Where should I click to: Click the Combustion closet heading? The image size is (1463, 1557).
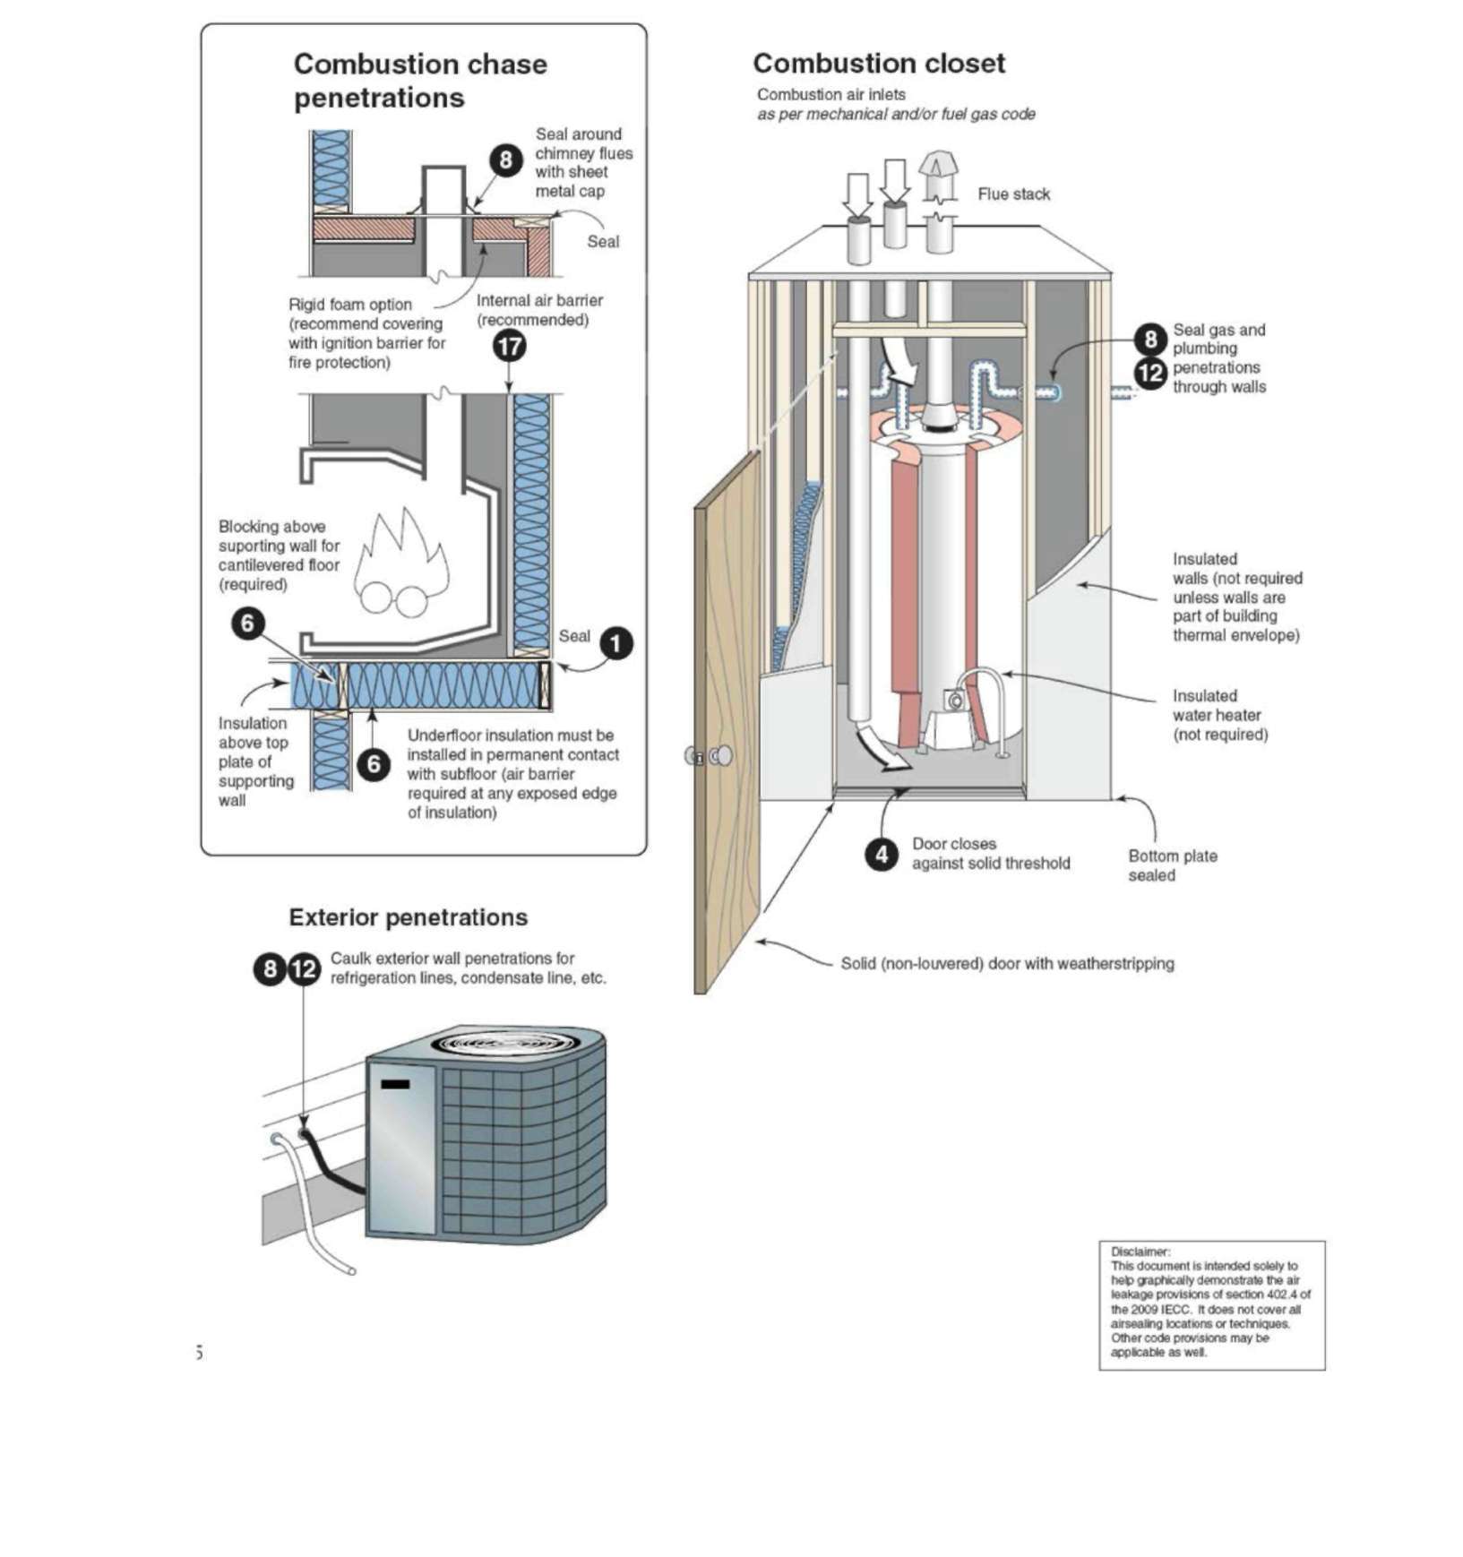tap(878, 64)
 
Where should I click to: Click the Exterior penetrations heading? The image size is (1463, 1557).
tap(408, 917)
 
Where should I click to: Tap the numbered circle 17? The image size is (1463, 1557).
tap(510, 346)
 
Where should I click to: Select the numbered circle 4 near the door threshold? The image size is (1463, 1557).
tap(882, 854)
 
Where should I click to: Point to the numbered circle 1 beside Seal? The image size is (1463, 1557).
tap(615, 643)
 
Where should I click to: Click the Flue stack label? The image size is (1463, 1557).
tap(1013, 194)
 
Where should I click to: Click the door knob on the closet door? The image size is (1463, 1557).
tap(720, 756)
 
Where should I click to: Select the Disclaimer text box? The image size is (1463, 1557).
tap(1211, 1304)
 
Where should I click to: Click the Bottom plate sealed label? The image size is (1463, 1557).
tap(1172, 865)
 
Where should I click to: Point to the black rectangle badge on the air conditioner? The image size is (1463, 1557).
tap(395, 1084)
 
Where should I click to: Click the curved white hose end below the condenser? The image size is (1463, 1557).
tap(351, 1270)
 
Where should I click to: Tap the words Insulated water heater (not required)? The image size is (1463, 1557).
tap(1219, 715)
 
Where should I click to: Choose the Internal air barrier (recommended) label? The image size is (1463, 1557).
tap(538, 310)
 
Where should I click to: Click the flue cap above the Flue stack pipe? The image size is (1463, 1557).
tap(938, 168)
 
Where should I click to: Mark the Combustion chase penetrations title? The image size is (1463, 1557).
tap(419, 81)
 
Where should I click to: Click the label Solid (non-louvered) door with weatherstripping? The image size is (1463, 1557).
tap(1007, 964)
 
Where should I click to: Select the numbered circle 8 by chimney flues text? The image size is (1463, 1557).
tap(505, 160)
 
